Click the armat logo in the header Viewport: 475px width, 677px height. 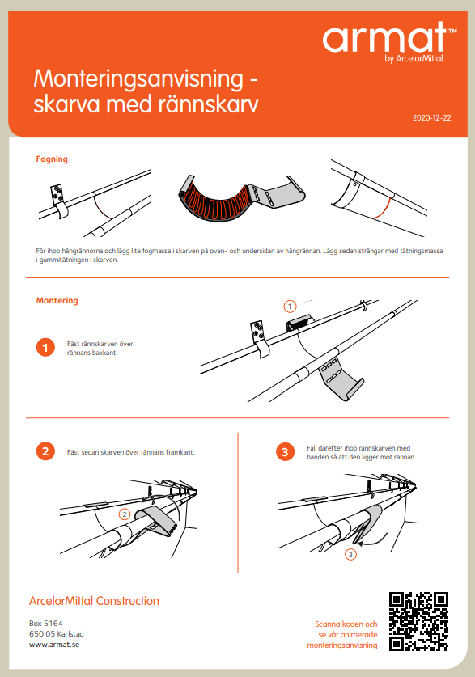coord(385,38)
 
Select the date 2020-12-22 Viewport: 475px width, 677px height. coord(431,117)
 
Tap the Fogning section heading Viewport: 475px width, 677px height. coord(52,159)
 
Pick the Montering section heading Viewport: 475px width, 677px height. coord(57,301)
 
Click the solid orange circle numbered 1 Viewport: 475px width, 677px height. coord(45,348)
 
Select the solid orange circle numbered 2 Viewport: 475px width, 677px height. coord(45,451)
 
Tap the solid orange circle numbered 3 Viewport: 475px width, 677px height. coord(284,451)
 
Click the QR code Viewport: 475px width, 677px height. coord(418,621)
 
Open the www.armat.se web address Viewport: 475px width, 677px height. coord(53,645)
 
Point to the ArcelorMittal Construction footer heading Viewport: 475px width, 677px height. coord(94,601)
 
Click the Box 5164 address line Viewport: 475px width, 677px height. coord(46,623)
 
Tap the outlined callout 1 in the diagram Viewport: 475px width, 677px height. coord(289,306)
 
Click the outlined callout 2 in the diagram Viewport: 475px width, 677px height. coord(124,514)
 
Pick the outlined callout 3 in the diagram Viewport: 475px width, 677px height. coord(350,554)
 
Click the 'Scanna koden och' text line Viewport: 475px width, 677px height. coord(346,624)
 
